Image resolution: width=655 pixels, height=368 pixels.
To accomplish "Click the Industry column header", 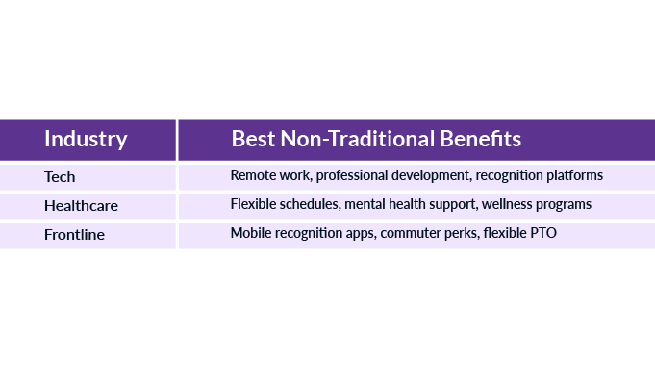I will (x=86, y=139).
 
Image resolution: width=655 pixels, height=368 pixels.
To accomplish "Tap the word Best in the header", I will (x=253, y=139).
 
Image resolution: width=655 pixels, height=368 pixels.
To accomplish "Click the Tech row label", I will (x=60, y=176).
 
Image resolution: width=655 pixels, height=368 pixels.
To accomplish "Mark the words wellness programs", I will (x=537, y=205).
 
